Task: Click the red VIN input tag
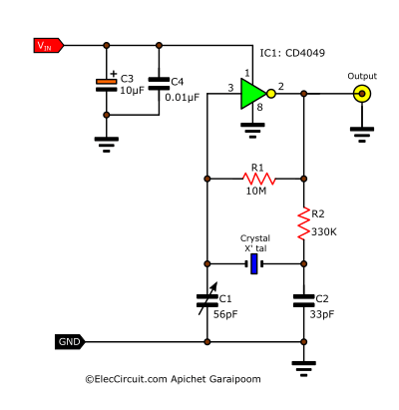point(49,46)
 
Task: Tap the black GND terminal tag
point(70,342)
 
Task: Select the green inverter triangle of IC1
point(253,94)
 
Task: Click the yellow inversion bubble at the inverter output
point(271,94)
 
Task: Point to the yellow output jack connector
point(362,94)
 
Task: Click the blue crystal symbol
point(254,263)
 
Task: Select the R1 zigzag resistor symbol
point(259,179)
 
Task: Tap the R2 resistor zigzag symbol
point(303,223)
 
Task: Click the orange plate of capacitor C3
point(107,82)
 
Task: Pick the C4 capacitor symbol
point(159,84)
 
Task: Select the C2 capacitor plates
point(303,300)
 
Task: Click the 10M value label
point(256,191)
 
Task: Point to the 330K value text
point(324,231)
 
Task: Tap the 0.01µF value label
point(183,97)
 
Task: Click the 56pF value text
point(225,314)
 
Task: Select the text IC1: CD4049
point(292,53)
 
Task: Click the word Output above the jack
point(362,76)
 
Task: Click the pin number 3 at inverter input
point(230,88)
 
